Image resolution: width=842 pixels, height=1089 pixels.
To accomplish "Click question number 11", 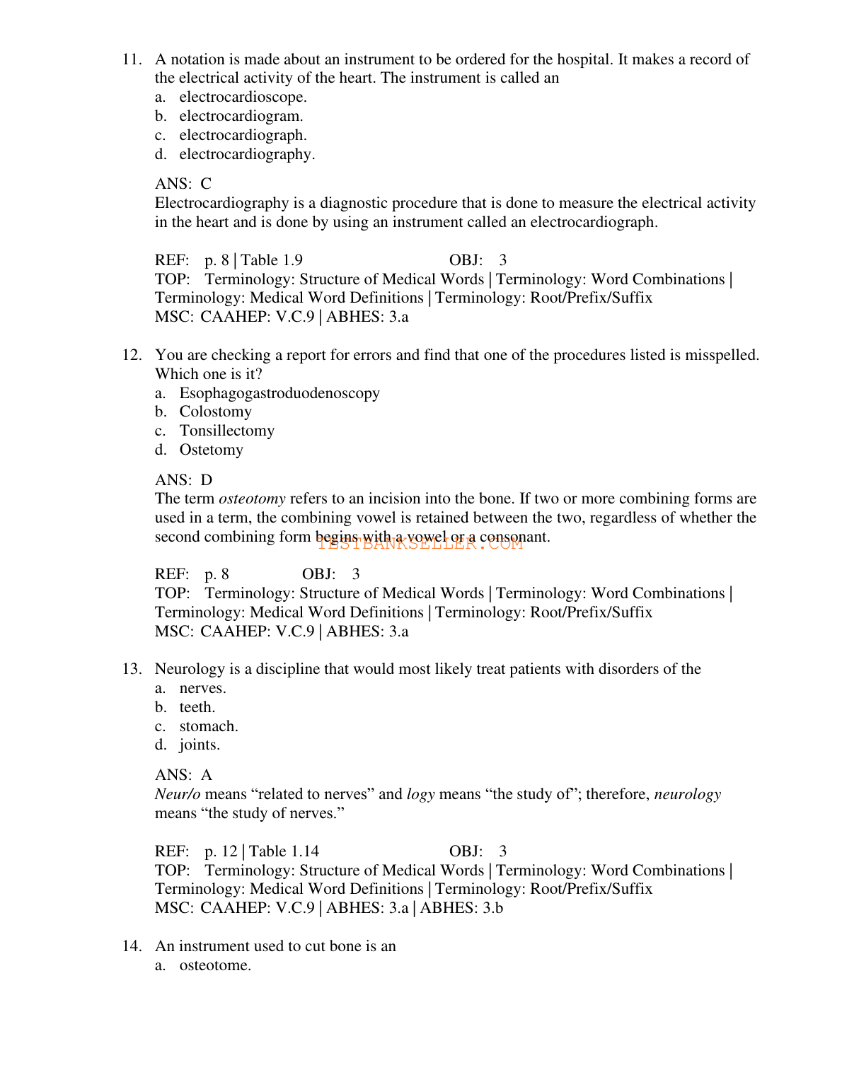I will [132, 59].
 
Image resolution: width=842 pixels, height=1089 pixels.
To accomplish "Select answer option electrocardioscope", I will [243, 97].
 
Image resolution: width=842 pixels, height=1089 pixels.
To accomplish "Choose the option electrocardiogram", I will [241, 116].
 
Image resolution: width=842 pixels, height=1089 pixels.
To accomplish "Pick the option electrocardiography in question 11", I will [247, 154].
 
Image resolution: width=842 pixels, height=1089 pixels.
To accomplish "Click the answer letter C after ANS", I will [206, 184].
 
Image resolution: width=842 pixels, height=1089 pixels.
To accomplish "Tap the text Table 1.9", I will [272, 260].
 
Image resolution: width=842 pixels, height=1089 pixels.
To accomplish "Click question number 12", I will [132, 355].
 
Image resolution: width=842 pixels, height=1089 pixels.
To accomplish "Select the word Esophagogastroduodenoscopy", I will [279, 393].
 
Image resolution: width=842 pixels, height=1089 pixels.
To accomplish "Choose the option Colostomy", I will [215, 412].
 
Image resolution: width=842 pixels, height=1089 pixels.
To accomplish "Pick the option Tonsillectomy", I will [226, 431].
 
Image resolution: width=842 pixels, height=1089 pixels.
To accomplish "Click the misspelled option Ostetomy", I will [211, 450].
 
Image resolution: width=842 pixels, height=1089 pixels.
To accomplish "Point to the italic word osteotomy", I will [252, 499].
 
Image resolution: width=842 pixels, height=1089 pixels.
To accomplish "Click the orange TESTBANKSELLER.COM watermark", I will [420, 544].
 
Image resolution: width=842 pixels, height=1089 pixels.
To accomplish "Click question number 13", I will [132, 669].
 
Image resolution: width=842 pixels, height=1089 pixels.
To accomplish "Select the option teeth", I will [197, 707].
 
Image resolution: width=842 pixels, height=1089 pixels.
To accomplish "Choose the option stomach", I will [209, 726].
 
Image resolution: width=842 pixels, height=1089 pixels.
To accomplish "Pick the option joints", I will [200, 745].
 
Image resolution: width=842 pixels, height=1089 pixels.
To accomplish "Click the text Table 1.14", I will [284, 851].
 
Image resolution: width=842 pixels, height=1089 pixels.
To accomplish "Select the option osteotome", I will [215, 965].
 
